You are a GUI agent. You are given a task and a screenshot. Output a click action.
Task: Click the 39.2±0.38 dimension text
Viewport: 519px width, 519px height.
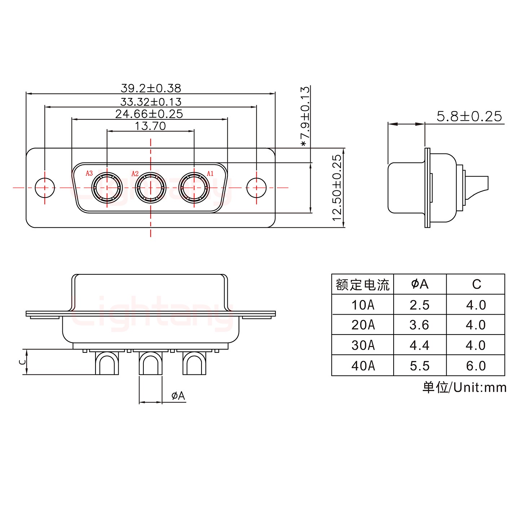[x=151, y=88]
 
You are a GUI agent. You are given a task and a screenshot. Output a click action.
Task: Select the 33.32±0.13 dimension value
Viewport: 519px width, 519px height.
[x=151, y=102]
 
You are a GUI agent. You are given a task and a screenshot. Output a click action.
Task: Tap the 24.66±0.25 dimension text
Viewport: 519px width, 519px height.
[x=149, y=114]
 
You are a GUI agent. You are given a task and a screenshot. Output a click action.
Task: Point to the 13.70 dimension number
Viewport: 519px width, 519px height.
[x=150, y=126]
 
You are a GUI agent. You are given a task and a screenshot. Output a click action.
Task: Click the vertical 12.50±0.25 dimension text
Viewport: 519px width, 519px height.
[x=337, y=188]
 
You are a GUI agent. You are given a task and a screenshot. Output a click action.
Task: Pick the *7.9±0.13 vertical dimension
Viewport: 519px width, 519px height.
[x=305, y=116]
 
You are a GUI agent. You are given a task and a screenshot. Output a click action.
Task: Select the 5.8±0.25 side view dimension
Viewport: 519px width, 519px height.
[x=469, y=116]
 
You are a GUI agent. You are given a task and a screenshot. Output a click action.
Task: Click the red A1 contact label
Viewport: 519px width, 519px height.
[x=210, y=174]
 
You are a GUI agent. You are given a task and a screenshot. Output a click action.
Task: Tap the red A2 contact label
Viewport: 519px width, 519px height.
[x=135, y=174]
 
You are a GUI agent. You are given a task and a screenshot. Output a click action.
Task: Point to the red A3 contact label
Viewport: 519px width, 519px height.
[x=89, y=173]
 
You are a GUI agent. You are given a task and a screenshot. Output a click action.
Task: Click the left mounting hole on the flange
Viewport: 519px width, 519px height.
[x=45, y=188]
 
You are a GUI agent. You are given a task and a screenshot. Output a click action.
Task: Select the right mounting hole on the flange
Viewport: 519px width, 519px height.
[x=256, y=188]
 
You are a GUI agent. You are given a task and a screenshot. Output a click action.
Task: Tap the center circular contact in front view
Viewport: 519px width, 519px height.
[x=150, y=188]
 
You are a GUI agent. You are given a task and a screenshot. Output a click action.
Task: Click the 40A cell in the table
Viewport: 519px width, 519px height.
[x=363, y=366]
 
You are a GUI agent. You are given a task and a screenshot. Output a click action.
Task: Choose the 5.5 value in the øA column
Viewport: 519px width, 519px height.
[x=420, y=366]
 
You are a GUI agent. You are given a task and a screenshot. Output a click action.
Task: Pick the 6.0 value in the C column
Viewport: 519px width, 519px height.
[x=476, y=366]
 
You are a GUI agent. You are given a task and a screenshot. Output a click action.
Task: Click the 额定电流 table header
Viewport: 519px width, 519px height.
[x=363, y=285]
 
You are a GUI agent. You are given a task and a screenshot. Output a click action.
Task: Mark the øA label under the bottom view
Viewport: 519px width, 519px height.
[x=178, y=396]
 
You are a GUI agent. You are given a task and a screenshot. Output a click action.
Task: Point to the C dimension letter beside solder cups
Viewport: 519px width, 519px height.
[x=22, y=361]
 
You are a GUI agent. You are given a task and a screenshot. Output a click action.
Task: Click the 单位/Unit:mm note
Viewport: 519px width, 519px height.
[x=464, y=387]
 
